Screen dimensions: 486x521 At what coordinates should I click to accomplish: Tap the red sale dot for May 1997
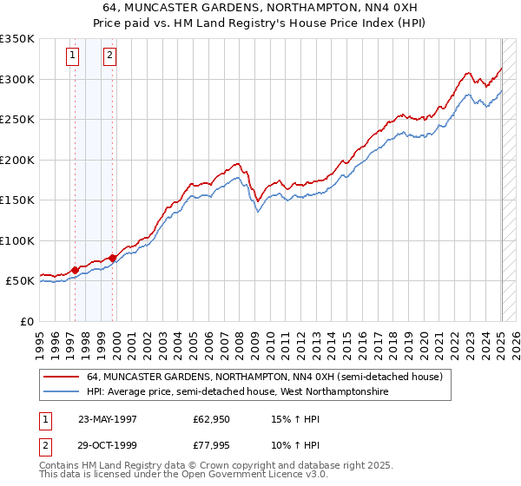point(75,271)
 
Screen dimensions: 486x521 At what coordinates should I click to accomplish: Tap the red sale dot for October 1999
point(113,258)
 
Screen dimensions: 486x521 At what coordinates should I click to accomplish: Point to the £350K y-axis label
point(16,39)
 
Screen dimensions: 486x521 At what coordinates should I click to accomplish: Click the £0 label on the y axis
point(26,321)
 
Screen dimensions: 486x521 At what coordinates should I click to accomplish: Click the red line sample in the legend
point(62,378)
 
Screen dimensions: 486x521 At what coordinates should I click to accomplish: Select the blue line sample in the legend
point(62,392)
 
